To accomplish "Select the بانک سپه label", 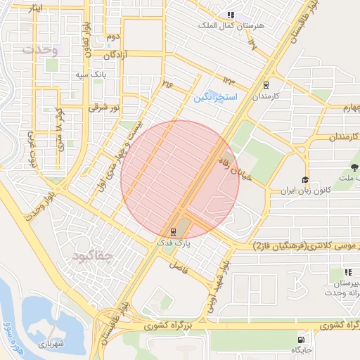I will coord(91,73).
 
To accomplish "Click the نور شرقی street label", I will coord(105,108).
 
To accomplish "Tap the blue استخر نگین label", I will coord(217,96).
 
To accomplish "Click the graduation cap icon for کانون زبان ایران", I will coord(304,180).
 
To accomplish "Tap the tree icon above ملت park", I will coord(354,167).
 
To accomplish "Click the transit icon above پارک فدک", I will coord(174,231).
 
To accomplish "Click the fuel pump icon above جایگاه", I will coord(302,337).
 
